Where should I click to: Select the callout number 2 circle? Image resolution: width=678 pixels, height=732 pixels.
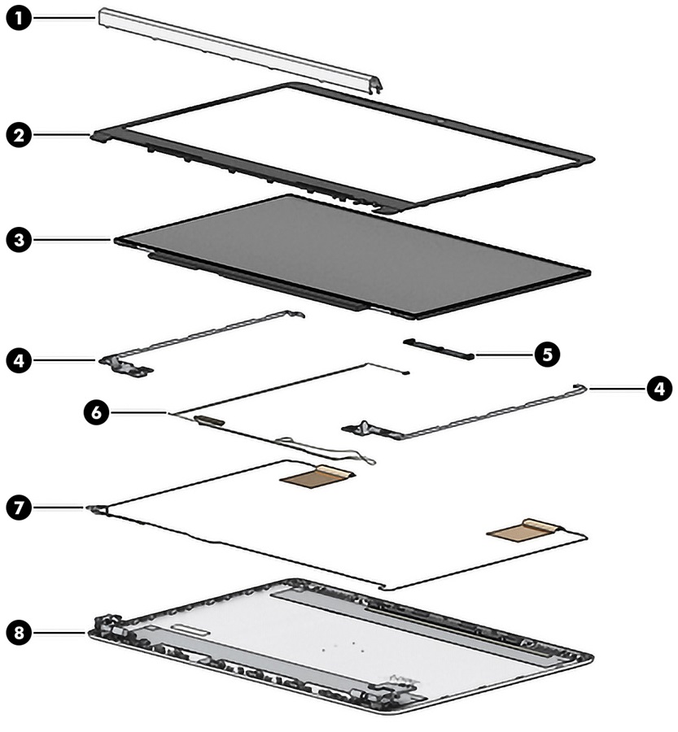pos(18,134)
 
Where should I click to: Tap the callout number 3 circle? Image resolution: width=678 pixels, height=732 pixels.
pos(18,240)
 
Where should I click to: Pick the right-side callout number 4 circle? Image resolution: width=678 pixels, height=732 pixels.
pos(659,389)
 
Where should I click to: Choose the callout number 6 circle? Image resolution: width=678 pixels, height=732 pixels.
pos(95,413)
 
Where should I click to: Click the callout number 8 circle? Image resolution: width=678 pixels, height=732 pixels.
pos(18,630)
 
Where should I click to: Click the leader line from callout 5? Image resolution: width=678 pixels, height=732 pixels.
pos(505,355)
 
